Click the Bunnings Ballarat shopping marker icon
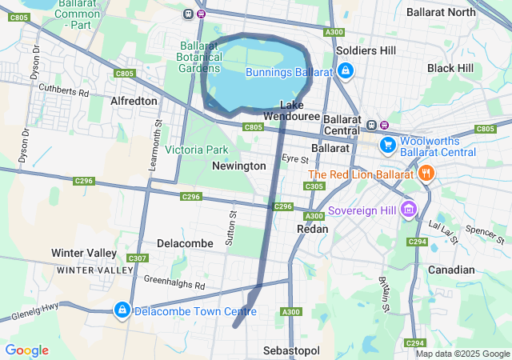tap(344, 72)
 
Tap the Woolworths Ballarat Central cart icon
tap(388, 145)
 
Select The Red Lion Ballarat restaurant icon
tap(426, 173)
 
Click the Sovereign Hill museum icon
tap(409, 210)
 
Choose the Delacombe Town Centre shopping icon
tap(122, 310)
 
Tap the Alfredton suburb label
tap(134, 102)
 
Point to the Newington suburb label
tap(238, 166)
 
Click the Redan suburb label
tap(312, 229)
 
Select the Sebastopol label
tap(291, 351)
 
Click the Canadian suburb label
tap(451, 270)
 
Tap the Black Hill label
tap(451, 69)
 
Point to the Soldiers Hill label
tap(366, 50)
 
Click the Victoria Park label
tap(197, 150)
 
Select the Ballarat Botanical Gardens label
tap(198, 57)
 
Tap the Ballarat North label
tap(441, 12)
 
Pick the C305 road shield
tap(314, 186)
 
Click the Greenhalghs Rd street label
tap(174, 282)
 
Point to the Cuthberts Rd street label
tap(63, 92)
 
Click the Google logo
tap(26, 350)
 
